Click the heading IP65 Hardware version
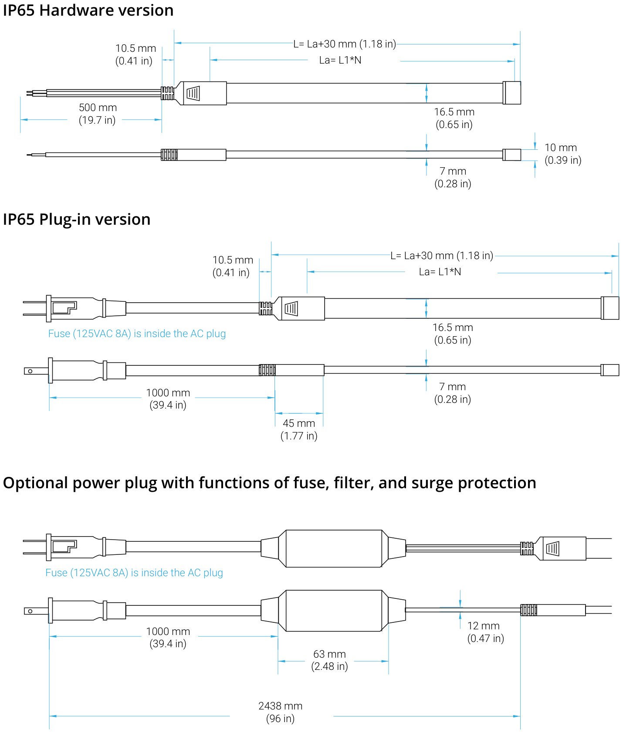coord(88,10)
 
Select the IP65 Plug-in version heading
coord(77,220)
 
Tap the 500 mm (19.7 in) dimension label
coord(98,114)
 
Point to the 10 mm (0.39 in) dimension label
coord(563,154)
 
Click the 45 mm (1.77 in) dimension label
coord(299,429)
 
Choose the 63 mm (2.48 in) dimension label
coord(329,660)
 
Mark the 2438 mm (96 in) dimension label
coord(280,712)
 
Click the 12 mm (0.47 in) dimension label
coord(485,632)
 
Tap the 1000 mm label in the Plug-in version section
coord(168,393)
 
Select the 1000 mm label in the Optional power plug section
coord(168,632)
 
